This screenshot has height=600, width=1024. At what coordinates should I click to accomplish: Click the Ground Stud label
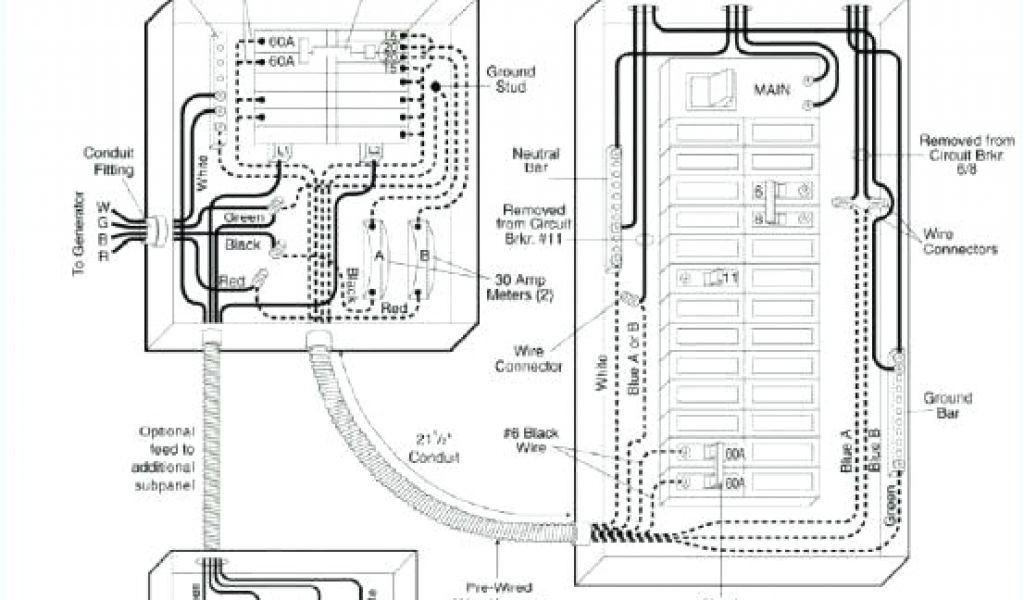pyautogui.click(x=511, y=79)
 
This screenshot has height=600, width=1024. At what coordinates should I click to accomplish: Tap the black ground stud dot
pyautogui.click(x=437, y=88)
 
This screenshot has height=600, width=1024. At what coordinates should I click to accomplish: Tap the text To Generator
pyautogui.click(x=82, y=236)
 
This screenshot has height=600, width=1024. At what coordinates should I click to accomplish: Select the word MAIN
pyautogui.click(x=771, y=89)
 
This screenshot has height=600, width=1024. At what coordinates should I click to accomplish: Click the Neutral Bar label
pyautogui.click(x=536, y=161)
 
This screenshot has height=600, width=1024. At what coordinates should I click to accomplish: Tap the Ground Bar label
pyautogui.click(x=947, y=405)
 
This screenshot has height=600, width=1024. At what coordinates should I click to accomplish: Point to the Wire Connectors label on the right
pyautogui.click(x=959, y=241)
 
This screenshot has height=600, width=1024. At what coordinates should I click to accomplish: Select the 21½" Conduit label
pyautogui.click(x=436, y=447)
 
